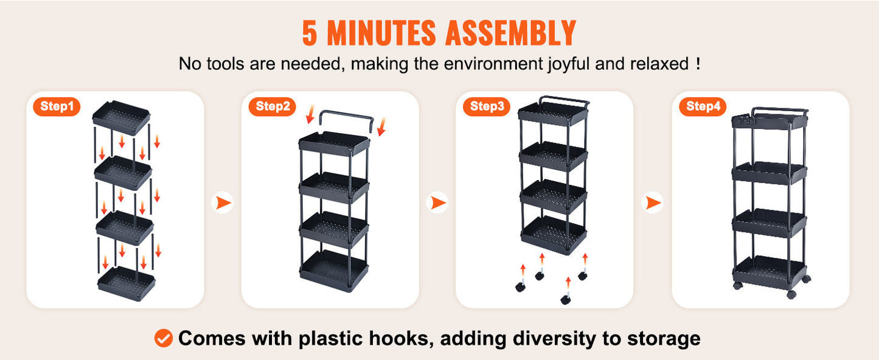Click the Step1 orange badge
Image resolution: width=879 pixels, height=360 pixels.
tap(57, 106)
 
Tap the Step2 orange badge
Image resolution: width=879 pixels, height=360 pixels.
tap(273, 106)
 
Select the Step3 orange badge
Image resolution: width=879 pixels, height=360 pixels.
tap(487, 106)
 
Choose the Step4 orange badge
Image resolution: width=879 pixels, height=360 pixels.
tap(703, 106)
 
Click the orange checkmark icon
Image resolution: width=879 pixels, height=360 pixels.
tap(163, 338)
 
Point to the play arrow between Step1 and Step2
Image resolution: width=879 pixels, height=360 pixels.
tap(223, 202)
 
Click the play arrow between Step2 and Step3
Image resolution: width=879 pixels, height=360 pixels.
tap(437, 202)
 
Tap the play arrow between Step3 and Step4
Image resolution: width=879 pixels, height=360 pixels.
tap(653, 202)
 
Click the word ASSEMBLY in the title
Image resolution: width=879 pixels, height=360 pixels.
tap(510, 33)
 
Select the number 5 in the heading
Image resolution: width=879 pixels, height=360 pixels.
tap(309, 33)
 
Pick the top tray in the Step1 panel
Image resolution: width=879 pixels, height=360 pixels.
tap(121, 117)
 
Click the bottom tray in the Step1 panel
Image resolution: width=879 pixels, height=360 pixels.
tap(127, 283)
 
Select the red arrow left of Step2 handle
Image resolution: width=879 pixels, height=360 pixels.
tap(310, 114)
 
